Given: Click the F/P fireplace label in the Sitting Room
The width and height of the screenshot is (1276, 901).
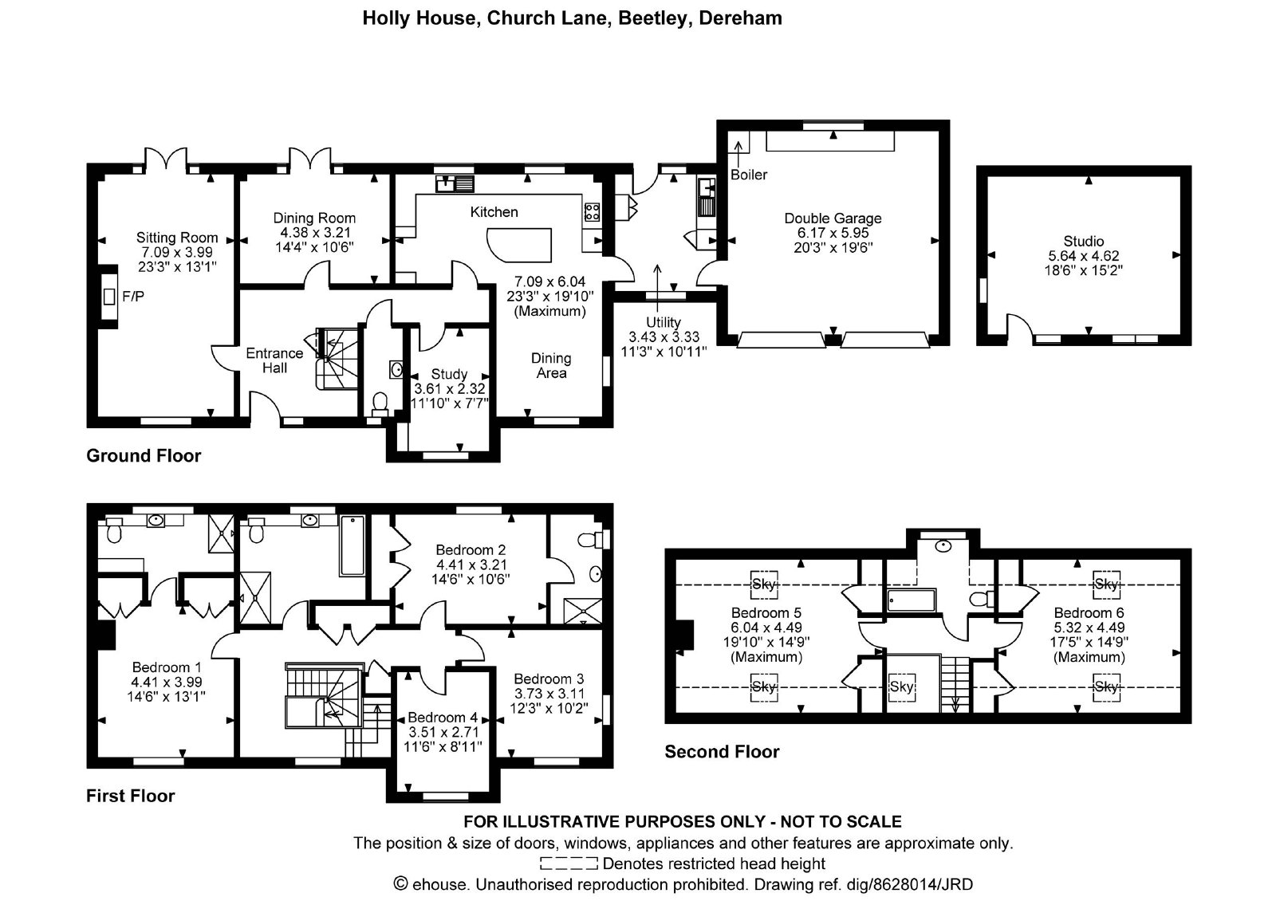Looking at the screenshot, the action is [132, 296].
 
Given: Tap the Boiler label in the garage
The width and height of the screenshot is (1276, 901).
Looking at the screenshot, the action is [749, 175].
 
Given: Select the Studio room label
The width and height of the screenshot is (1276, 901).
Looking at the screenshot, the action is [1084, 241].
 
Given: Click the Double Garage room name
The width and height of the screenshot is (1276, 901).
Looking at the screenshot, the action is [833, 218].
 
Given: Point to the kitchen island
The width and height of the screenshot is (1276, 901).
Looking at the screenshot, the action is [519, 244].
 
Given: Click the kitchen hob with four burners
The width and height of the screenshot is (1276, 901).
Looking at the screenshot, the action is [592, 212].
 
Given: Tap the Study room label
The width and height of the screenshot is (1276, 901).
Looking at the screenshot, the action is [449, 374].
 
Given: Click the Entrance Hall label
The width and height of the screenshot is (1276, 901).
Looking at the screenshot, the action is [274, 360].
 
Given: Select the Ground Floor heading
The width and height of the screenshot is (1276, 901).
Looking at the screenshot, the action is [144, 455].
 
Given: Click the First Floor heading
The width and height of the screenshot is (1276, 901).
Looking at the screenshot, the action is [131, 796].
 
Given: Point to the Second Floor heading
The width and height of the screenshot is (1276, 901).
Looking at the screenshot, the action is [722, 752].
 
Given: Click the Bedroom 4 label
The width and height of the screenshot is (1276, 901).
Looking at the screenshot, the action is [443, 717].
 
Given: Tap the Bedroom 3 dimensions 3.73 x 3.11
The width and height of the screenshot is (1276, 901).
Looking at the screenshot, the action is [549, 694].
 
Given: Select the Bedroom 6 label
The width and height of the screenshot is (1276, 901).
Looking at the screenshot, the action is [1089, 613].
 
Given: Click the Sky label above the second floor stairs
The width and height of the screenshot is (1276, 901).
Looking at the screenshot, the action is [901, 687].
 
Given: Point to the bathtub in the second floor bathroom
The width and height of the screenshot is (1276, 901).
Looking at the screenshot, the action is [912, 600].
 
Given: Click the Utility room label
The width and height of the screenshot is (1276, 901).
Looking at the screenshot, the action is [663, 322].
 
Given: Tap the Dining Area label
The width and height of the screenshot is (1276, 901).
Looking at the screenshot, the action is [551, 366].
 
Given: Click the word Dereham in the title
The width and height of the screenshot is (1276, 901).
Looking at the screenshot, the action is [740, 18].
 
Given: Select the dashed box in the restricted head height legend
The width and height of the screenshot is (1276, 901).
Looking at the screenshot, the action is [569, 864].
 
